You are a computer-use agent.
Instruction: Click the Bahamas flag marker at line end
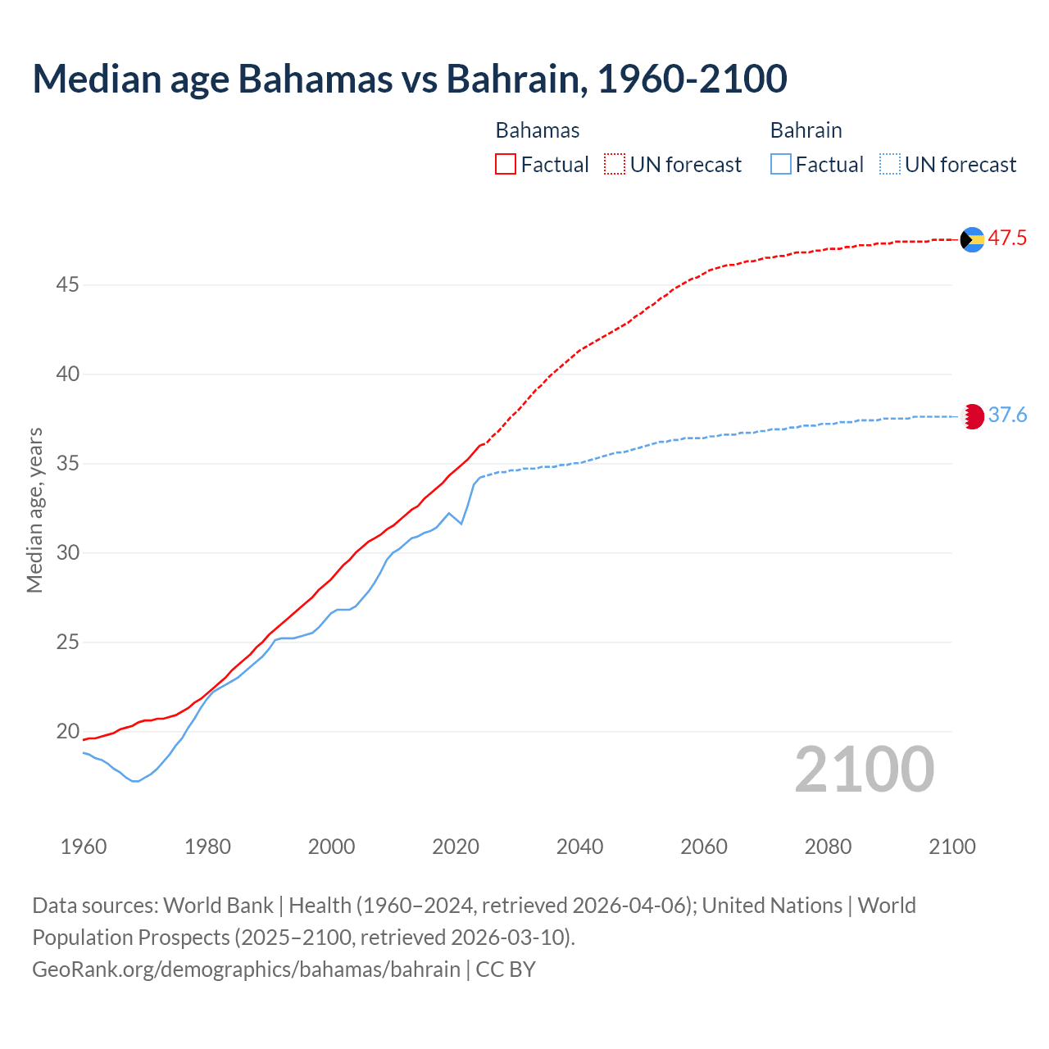tap(972, 239)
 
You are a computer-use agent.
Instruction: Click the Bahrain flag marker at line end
tap(972, 416)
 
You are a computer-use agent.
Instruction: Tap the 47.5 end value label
tap(1007, 238)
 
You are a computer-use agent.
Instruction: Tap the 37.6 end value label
tap(1007, 416)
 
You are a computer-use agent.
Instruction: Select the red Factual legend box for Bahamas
tap(506, 165)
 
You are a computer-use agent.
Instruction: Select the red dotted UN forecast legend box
tap(615, 165)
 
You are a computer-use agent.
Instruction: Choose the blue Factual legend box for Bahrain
tap(781, 165)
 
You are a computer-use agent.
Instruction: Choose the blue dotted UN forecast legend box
tap(890, 165)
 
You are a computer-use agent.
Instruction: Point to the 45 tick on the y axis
tap(67, 285)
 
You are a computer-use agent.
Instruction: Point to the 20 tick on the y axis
tap(67, 731)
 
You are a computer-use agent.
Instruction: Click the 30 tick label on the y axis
tap(67, 553)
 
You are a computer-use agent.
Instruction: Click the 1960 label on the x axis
tap(84, 847)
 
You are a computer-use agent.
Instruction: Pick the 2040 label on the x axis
tap(579, 847)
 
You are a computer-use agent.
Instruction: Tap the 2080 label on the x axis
tap(828, 847)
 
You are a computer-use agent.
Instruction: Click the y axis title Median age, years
tap(34, 510)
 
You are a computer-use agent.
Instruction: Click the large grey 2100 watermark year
tap(864, 770)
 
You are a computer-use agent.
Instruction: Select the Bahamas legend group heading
tap(538, 130)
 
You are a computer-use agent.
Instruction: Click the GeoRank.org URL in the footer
tap(246, 970)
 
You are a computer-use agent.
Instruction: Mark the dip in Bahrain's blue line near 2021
tap(461, 524)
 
